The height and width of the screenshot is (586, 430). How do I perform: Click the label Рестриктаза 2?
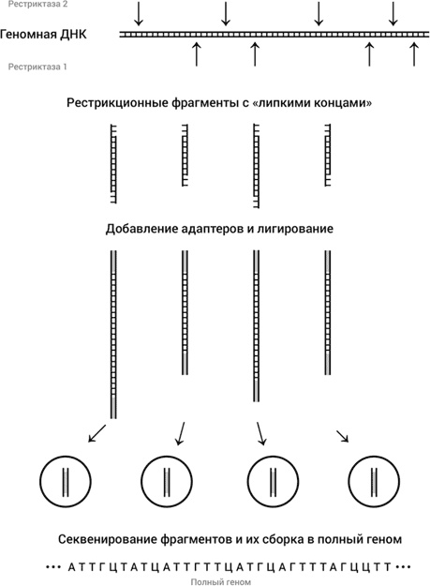click(37, 5)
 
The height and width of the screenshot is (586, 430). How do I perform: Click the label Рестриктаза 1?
click(37, 68)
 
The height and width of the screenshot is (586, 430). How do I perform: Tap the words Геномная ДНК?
click(44, 36)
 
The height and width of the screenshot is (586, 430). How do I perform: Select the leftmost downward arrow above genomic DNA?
click(139, 14)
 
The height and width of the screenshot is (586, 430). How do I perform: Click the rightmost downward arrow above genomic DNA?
click(393, 14)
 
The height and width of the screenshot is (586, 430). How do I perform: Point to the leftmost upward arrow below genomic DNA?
click(196, 53)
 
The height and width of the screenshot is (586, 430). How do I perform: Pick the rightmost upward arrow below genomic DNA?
click(413, 53)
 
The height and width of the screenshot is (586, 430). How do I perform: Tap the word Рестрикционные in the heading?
click(115, 101)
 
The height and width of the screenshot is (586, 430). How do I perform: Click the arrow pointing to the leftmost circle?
click(96, 433)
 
